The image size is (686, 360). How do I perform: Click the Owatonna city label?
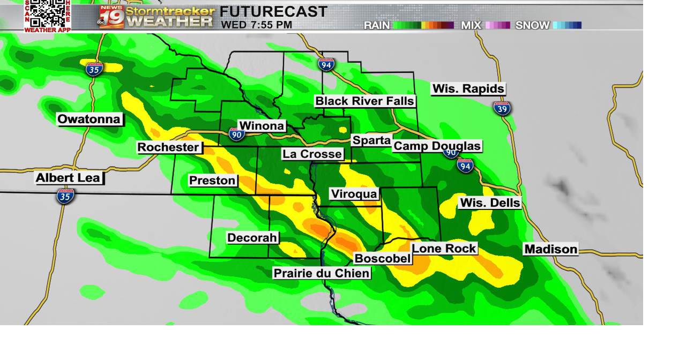pyautogui.click(x=90, y=119)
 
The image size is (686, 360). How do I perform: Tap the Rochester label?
pyautogui.click(x=168, y=147)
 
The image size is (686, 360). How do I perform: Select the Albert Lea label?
pyautogui.click(x=68, y=178)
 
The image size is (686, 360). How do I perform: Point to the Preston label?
pyautogui.click(x=213, y=181)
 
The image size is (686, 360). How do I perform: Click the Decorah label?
pyautogui.click(x=252, y=238)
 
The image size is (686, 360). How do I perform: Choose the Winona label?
pyautogui.click(x=262, y=126)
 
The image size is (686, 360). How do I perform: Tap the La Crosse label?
pyautogui.click(x=312, y=154)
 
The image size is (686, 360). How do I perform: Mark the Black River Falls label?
pyautogui.click(x=364, y=101)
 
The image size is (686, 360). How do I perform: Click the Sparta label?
pyautogui.click(x=371, y=140)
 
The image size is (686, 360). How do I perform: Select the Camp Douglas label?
pyautogui.click(x=437, y=146)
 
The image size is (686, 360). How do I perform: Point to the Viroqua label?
pyautogui.click(x=354, y=194)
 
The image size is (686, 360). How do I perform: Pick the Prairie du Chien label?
pyautogui.click(x=322, y=273)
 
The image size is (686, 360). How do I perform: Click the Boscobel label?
pyautogui.click(x=383, y=259)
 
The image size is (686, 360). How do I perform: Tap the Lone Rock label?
pyautogui.click(x=444, y=249)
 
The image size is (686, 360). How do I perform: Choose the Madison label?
pyautogui.click(x=551, y=249)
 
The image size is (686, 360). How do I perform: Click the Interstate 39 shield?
pyautogui.click(x=502, y=108)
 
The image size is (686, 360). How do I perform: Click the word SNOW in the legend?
pyautogui.click(x=532, y=25)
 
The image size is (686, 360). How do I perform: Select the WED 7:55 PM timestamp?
pyautogui.click(x=257, y=25)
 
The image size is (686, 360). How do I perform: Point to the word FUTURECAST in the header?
pyautogui.click(x=273, y=11)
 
